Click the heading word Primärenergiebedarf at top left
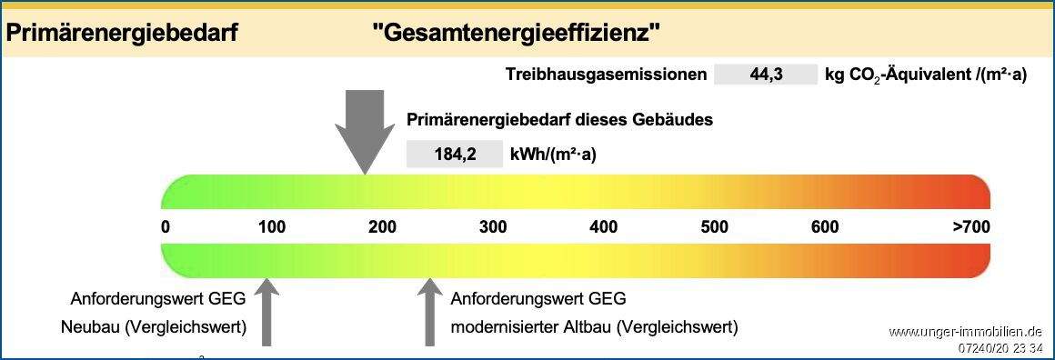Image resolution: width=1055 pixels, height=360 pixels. pos(122,34)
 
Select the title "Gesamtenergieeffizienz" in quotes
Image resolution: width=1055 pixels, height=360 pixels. pos(516,34)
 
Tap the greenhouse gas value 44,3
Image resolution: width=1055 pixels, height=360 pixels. pos(766,75)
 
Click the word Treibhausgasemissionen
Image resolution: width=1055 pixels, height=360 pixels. pos(606,75)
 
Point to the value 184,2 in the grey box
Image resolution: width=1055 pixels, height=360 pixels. pos(455,154)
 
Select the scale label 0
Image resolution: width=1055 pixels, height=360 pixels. pos(166,226)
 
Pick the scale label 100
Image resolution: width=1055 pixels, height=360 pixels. pos(272,226)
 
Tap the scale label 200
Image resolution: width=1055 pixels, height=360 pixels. pos(382,226)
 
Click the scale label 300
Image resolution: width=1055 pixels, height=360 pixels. pos(493,226)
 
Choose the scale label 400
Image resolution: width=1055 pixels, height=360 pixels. pos(604,226)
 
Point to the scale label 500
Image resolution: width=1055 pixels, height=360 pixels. pos(715,226)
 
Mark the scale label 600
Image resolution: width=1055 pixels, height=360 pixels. pos(825,226)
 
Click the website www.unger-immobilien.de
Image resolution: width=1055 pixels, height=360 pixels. pos(966,332)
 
